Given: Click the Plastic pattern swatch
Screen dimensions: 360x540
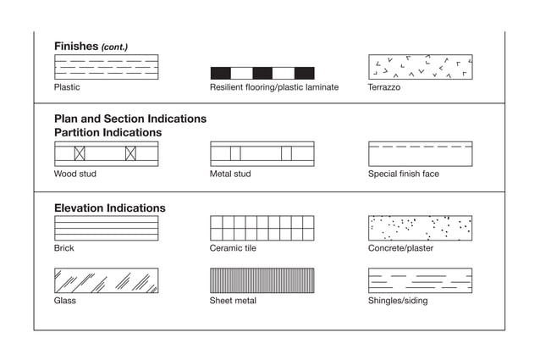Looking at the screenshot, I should [x=106, y=67].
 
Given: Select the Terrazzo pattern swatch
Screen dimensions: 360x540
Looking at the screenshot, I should [x=420, y=67].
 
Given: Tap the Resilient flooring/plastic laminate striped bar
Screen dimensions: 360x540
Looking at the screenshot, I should [x=262, y=73].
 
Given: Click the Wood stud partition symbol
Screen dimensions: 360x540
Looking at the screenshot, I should [x=106, y=153].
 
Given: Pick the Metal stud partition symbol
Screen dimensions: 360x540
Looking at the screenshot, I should [x=262, y=153].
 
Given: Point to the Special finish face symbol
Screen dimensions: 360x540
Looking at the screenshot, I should [x=420, y=153].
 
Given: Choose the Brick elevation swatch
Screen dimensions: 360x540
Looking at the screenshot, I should [x=106, y=228].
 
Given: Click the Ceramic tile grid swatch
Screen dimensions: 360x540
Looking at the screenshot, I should [x=262, y=228].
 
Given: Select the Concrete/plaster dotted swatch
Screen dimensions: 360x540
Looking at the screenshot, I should [x=420, y=228].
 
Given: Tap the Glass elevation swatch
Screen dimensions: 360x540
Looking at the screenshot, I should [x=106, y=280].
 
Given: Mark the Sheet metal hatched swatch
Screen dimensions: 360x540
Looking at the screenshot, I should [x=262, y=280].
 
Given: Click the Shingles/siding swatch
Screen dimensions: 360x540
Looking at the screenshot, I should [x=420, y=280].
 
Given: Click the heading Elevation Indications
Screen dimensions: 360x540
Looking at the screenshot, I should [x=110, y=208].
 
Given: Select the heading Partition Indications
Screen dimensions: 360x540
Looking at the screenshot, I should [x=107, y=133].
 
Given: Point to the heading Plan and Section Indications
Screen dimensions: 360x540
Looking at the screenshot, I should [x=130, y=119].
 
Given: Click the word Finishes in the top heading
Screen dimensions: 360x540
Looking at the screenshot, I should [x=76, y=46].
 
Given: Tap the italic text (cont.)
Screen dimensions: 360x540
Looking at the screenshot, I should [x=114, y=47].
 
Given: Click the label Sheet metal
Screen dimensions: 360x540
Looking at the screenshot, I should [x=233, y=301].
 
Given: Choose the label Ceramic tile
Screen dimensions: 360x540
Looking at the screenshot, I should [x=233, y=248].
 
